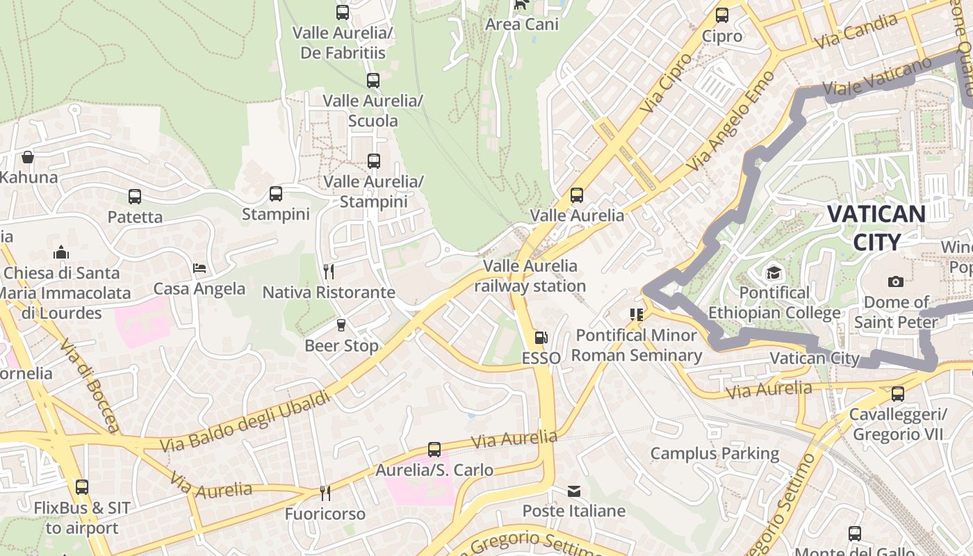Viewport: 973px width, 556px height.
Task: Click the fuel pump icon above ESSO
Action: coord(541,338)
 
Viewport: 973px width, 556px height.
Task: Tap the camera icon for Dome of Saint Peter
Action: coord(896,281)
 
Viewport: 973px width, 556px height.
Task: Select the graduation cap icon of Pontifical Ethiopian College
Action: coord(774,272)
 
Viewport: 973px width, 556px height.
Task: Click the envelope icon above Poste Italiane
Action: coord(574,491)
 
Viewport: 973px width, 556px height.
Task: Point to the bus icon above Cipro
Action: coord(722,15)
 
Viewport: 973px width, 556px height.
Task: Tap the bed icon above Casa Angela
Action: coord(199,268)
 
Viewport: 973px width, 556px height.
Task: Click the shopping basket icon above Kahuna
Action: coord(28,157)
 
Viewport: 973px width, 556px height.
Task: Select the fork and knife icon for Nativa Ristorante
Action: coord(329,271)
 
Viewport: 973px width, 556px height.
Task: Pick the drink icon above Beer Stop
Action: coord(341,325)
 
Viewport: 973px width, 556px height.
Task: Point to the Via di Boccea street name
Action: coord(90,385)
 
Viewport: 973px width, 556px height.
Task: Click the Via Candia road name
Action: coord(856,31)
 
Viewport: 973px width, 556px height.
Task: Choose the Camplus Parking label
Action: coord(714,454)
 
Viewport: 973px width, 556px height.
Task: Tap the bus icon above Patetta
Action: coord(135,197)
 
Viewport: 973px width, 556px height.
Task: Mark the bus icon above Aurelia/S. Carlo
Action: coord(434,450)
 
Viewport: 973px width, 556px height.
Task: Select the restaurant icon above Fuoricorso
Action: coord(325,493)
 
